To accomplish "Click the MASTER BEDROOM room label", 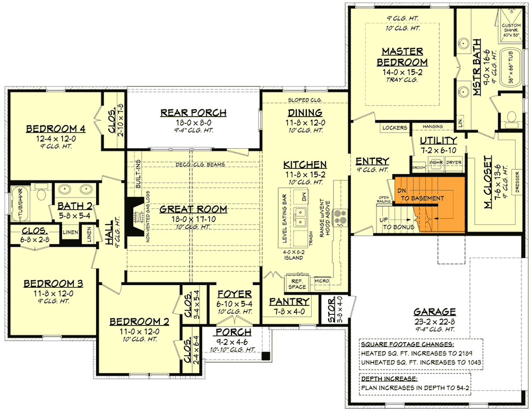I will coord(402,57).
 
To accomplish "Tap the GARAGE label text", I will coord(435,312).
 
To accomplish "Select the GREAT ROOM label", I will coord(193,209).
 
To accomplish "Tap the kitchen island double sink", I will coord(302,214).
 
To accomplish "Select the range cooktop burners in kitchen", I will coord(340,215).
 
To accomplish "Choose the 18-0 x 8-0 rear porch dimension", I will coord(193,122).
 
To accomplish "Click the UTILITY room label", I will coord(438,140).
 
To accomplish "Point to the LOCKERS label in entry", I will coord(394,128).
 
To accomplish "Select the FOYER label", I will coord(234,294).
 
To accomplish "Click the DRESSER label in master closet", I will coord(517,180).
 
